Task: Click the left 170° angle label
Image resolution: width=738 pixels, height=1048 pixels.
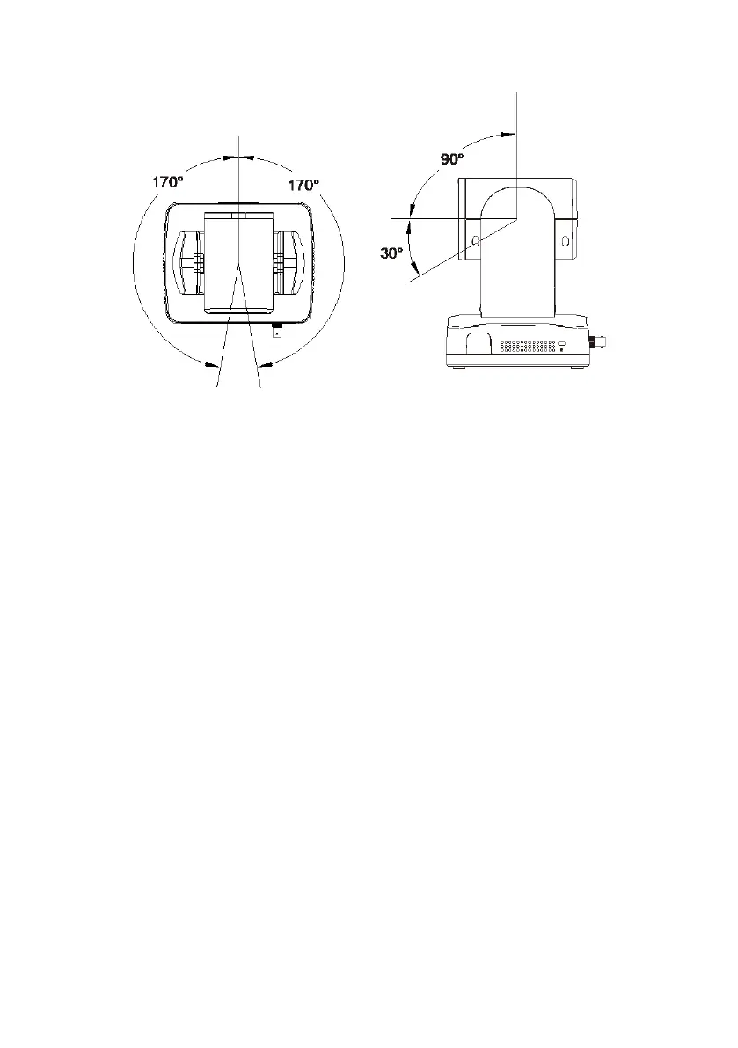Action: point(168,182)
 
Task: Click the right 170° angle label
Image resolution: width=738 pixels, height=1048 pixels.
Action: point(303,185)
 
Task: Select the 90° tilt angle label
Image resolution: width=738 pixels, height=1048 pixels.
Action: point(451,159)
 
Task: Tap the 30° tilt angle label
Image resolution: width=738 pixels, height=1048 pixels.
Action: point(391,253)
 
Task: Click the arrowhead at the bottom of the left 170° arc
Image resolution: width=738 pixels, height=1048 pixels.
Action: point(212,364)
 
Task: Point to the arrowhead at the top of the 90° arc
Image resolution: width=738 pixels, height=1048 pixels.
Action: point(509,134)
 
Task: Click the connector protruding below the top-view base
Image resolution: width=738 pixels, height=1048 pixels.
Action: point(276,330)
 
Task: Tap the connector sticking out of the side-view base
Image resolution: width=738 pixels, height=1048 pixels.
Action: point(598,342)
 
